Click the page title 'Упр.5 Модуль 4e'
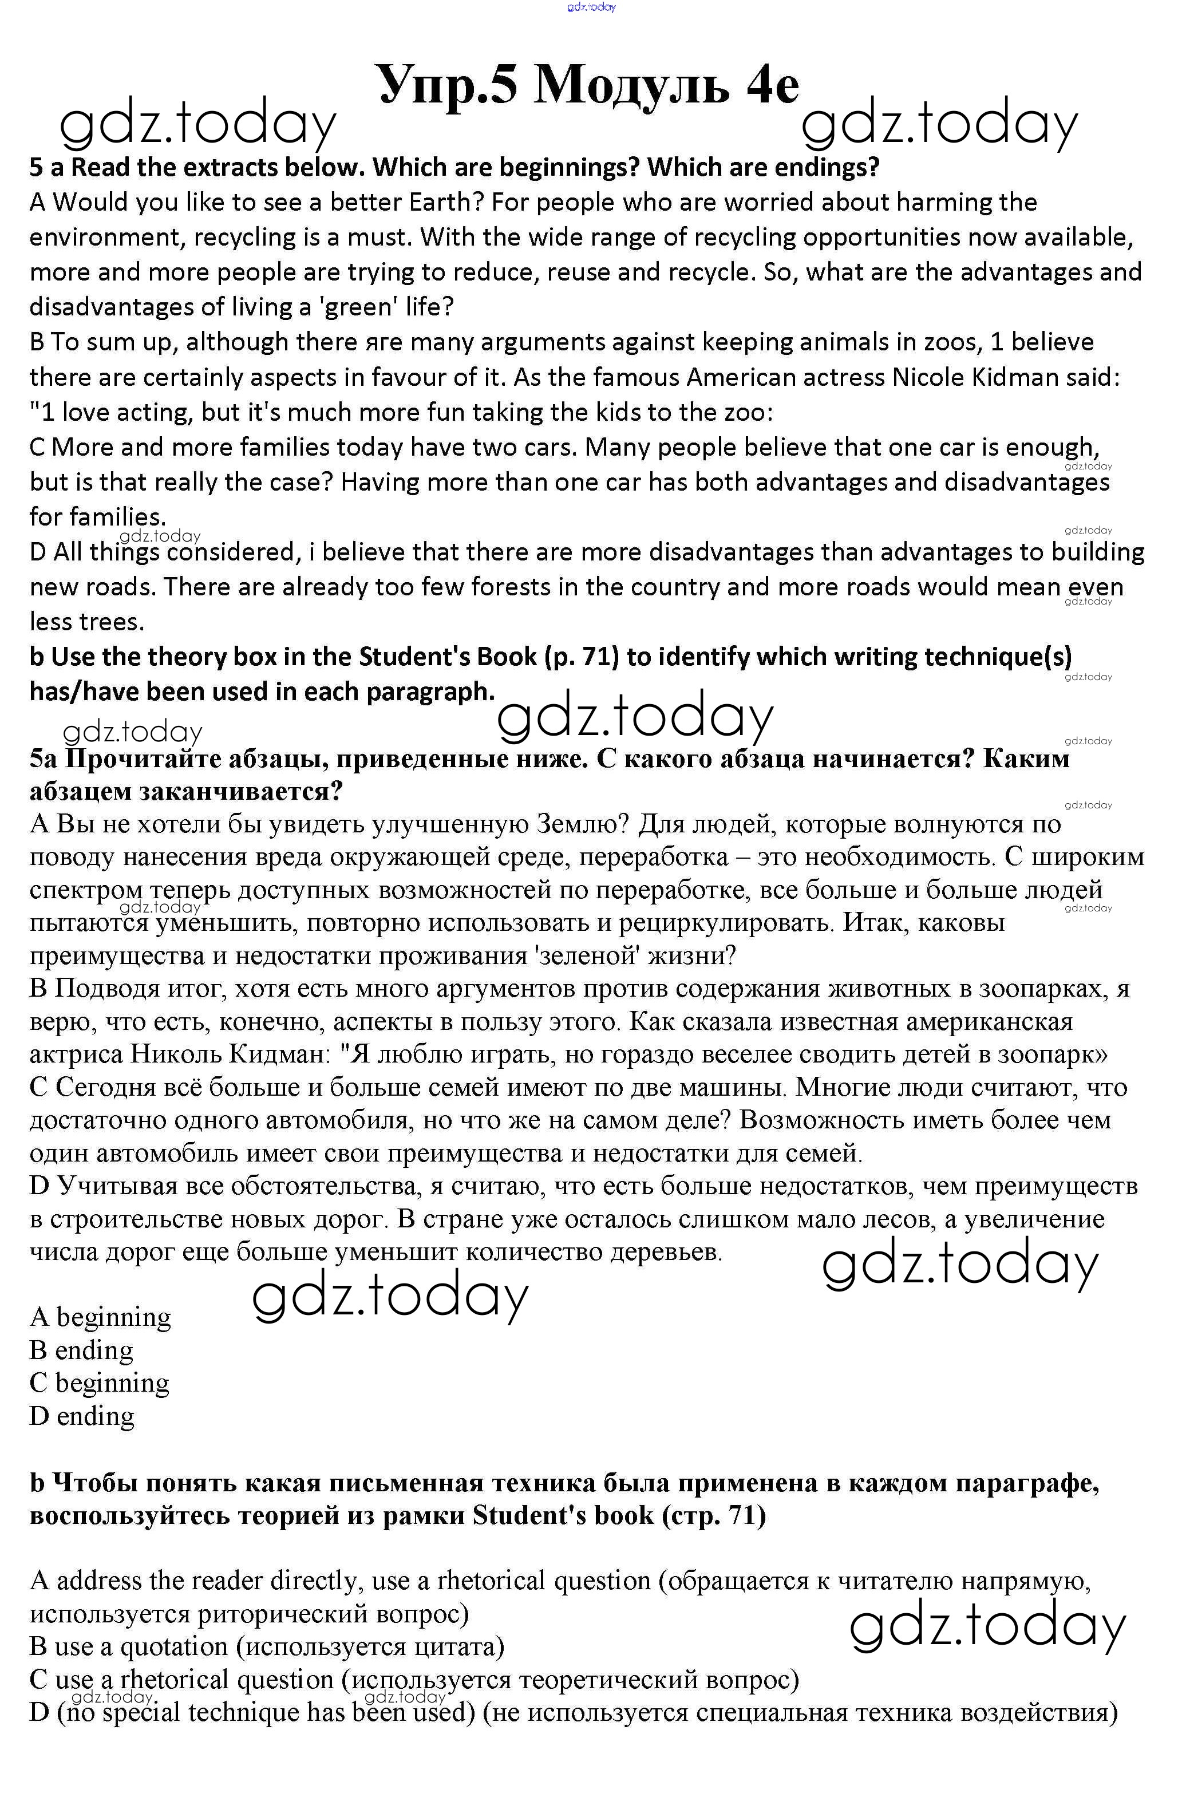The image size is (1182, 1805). click(x=588, y=85)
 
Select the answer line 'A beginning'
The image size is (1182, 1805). click(x=100, y=1317)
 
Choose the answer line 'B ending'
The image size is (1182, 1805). click(x=81, y=1350)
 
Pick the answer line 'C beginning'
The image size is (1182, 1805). click(x=100, y=1383)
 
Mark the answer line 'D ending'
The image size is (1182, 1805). click(x=82, y=1416)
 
